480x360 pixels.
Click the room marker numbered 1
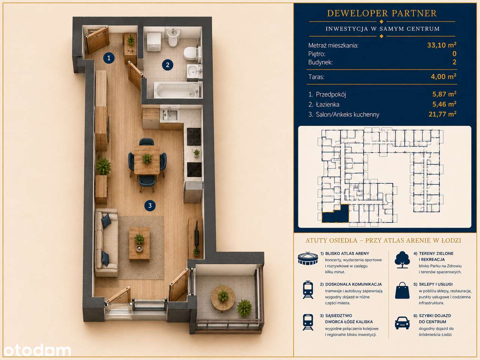(x=109, y=58)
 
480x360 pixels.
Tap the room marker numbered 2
(x=168, y=65)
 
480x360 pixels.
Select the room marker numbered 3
(x=150, y=205)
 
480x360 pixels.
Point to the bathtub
(x=176, y=90)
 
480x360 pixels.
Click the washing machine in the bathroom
(x=154, y=42)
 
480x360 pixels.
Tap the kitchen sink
(x=170, y=114)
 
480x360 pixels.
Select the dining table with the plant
(x=147, y=160)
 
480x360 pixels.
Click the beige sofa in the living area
(x=106, y=243)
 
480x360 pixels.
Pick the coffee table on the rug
(x=139, y=243)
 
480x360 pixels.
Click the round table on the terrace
(x=223, y=298)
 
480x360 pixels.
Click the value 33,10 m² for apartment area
(x=442, y=45)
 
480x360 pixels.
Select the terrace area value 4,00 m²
(x=444, y=76)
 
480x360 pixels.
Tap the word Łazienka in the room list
(x=328, y=105)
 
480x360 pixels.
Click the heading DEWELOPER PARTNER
(x=382, y=13)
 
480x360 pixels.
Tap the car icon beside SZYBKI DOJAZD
(x=402, y=323)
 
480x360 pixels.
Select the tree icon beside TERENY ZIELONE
(x=402, y=259)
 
